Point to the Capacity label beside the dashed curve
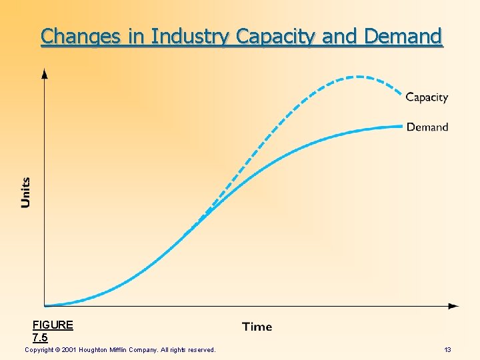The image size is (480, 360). pos(427,97)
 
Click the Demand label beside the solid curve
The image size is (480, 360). pos(427,127)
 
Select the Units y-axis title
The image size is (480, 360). pos(26,192)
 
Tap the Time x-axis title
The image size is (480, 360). pos(257,327)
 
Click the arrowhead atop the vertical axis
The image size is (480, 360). pos(45,72)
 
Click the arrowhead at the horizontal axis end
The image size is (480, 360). pos(454,306)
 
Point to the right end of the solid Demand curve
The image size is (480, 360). pos(402,126)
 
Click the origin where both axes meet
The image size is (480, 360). pos(45,306)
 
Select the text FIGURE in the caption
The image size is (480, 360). pos(53,325)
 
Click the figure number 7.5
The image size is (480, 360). pos(40,337)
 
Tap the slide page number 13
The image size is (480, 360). pos(448,350)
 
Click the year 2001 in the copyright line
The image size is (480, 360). pos(70,350)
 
